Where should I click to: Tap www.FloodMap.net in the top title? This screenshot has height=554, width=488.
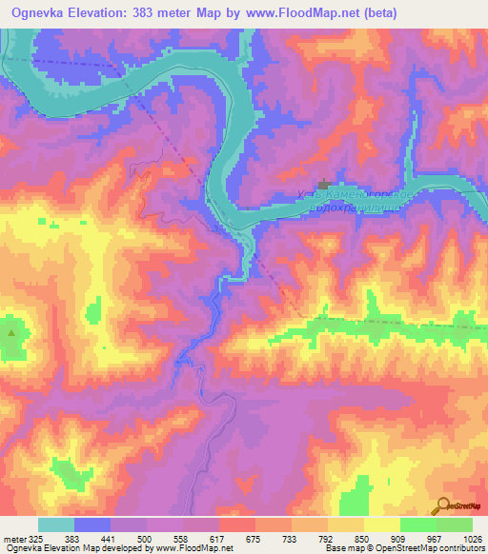tap(305, 11)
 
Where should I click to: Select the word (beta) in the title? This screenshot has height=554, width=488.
tap(374, 11)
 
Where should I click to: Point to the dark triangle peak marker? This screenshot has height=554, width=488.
tap(11, 333)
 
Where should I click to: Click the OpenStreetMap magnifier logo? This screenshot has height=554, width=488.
tap(444, 505)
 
